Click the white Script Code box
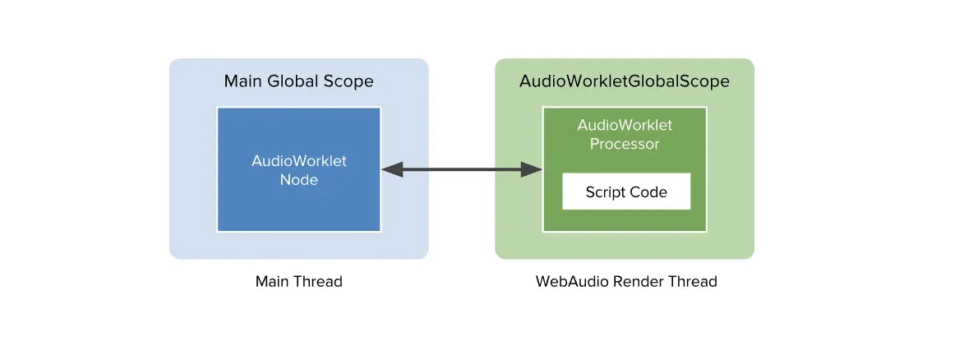[x=626, y=192]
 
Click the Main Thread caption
[x=298, y=282]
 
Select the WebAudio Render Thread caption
[x=626, y=282]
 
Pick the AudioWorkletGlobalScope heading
[x=625, y=82]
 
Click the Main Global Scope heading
[x=298, y=82]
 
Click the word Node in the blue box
[x=298, y=179]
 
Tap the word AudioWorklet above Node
[x=298, y=161]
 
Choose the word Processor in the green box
[x=625, y=144]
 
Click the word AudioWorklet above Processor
[x=625, y=126]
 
